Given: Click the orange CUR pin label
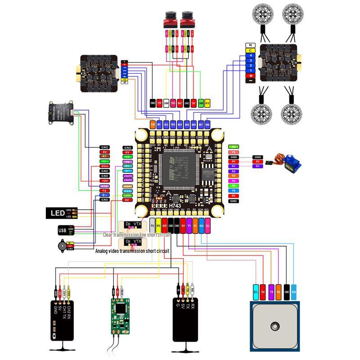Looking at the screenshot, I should (153, 124).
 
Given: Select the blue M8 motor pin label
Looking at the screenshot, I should (207, 124).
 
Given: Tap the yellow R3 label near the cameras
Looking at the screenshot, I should (207, 103).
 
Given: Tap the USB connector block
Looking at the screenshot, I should (62, 230).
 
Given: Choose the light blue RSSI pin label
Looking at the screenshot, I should (128, 191).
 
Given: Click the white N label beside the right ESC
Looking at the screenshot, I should (250, 45).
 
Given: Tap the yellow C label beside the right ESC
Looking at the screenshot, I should (250, 50).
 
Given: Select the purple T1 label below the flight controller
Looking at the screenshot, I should (189, 226).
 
